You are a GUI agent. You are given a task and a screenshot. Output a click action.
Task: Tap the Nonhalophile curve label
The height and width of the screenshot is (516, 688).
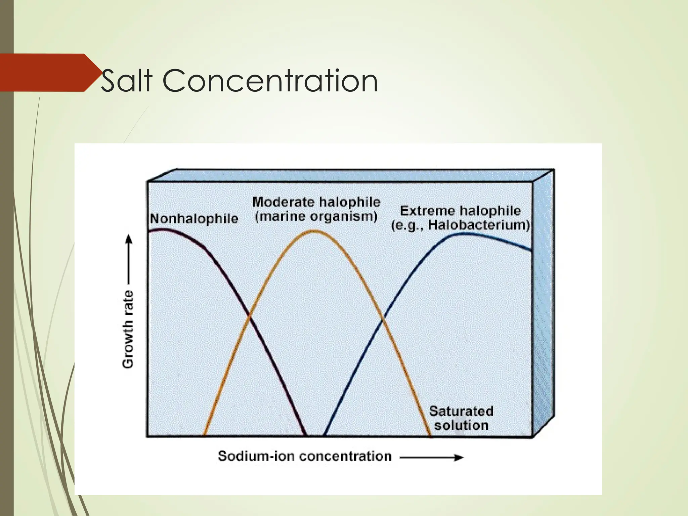pyautogui.click(x=194, y=219)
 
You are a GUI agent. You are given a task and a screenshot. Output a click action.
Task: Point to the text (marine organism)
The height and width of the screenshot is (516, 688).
pyautogui.click(x=316, y=216)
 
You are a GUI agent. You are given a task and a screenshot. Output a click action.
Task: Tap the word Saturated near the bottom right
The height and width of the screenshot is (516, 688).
pyautogui.click(x=461, y=411)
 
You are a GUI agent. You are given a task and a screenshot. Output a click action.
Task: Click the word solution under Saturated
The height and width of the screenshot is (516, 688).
pyautogui.click(x=461, y=425)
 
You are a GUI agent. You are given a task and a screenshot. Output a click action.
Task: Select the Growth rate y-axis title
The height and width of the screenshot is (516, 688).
pyautogui.click(x=128, y=329)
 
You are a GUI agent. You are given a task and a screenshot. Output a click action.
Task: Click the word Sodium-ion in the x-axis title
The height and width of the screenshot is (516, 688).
pyautogui.click(x=257, y=456)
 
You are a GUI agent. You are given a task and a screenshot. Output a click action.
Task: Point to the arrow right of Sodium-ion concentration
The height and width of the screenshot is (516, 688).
pyautogui.click(x=432, y=458)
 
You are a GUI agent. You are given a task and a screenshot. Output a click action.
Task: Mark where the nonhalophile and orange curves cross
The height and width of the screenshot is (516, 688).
pyautogui.click(x=249, y=315)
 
